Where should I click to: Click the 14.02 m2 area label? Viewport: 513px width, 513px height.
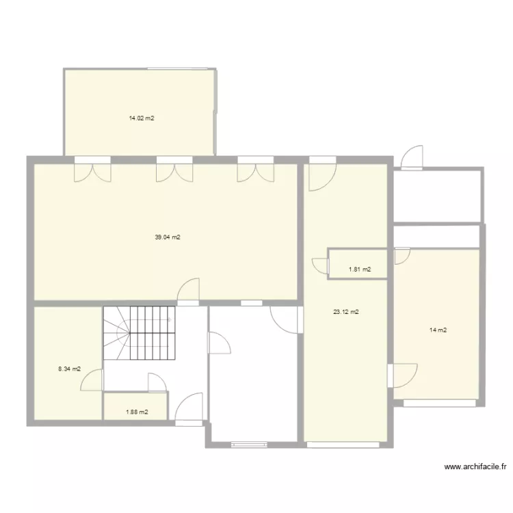point(141,118)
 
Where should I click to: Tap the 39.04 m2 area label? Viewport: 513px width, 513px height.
point(167,237)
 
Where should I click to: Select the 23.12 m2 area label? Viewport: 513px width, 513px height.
point(346,312)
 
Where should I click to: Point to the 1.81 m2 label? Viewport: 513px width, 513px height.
point(360,269)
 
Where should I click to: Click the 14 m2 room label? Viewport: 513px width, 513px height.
point(438,330)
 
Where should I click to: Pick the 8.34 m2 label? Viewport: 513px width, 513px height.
point(69,369)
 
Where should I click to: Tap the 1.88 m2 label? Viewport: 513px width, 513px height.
point(137,412)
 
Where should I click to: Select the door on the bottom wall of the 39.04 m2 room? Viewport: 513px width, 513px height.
point(188,290)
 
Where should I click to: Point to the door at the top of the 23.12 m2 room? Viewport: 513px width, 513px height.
point(321,174)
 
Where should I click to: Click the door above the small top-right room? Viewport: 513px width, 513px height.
point(412,158)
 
